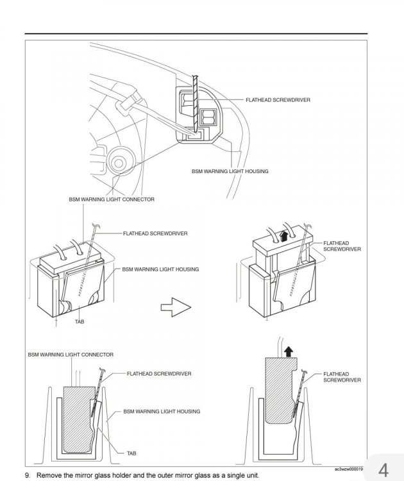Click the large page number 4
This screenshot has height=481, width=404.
click(383, 469)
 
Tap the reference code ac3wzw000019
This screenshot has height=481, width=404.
click(349, 469)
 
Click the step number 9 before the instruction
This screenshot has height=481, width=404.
click(28, 475)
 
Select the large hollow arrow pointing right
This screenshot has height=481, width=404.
click(176, 307)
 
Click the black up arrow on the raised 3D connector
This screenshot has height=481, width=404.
click(283, 236)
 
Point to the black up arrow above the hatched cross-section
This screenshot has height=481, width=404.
click(289, 351)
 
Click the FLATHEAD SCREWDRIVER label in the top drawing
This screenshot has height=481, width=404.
click(278, 99)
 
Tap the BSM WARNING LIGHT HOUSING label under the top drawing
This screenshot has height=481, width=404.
click(230, 171)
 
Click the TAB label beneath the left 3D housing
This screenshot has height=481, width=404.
click(80, 321)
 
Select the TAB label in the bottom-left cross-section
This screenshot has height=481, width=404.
click(131, 453)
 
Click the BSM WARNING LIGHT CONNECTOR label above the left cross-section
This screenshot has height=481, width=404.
click(71, 355)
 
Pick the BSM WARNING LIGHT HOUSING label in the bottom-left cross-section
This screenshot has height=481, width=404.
click(162, 411)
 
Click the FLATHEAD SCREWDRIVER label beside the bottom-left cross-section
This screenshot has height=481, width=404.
click(159, 374)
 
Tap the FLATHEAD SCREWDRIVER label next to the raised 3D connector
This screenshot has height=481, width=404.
click(342, 246)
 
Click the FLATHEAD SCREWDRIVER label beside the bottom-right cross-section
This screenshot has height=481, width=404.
click(342, 377)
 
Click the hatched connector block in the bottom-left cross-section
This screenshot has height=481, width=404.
click(78, 419)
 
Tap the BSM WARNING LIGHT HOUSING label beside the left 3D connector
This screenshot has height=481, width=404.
click(160, 269)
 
